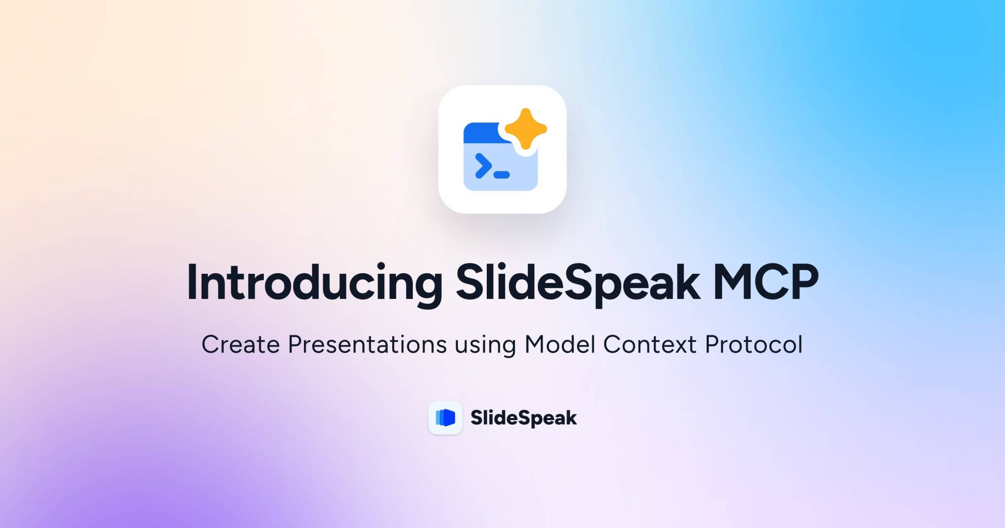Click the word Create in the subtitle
(x=240, y=345)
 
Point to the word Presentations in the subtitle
(x=367, y=345)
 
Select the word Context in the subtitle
(x=649, y=345)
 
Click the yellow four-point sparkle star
(x=525, y=129)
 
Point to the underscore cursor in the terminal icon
(x=501, y=175)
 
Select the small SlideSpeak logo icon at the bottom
(x=445, y=418)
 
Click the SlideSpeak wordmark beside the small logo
(x=523, y=418)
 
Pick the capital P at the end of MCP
(x=803, y=283)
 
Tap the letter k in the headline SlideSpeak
(x=687, y=283)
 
